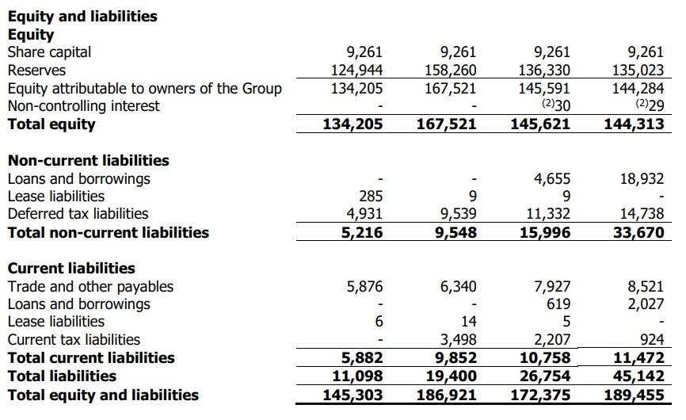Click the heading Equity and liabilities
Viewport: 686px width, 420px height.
point(82,16)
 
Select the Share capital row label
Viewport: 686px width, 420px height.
point(49,52)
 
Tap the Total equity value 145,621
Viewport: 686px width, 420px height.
point(539,124)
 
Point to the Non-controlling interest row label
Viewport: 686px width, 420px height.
point(83,106)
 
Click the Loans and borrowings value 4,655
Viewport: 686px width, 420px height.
point(551,179)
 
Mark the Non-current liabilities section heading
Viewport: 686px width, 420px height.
point(88,160)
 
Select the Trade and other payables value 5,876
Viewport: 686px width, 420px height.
point(364,287)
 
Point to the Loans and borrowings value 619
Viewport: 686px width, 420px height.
point(558,304)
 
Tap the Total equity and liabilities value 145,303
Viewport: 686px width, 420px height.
point(353,395)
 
